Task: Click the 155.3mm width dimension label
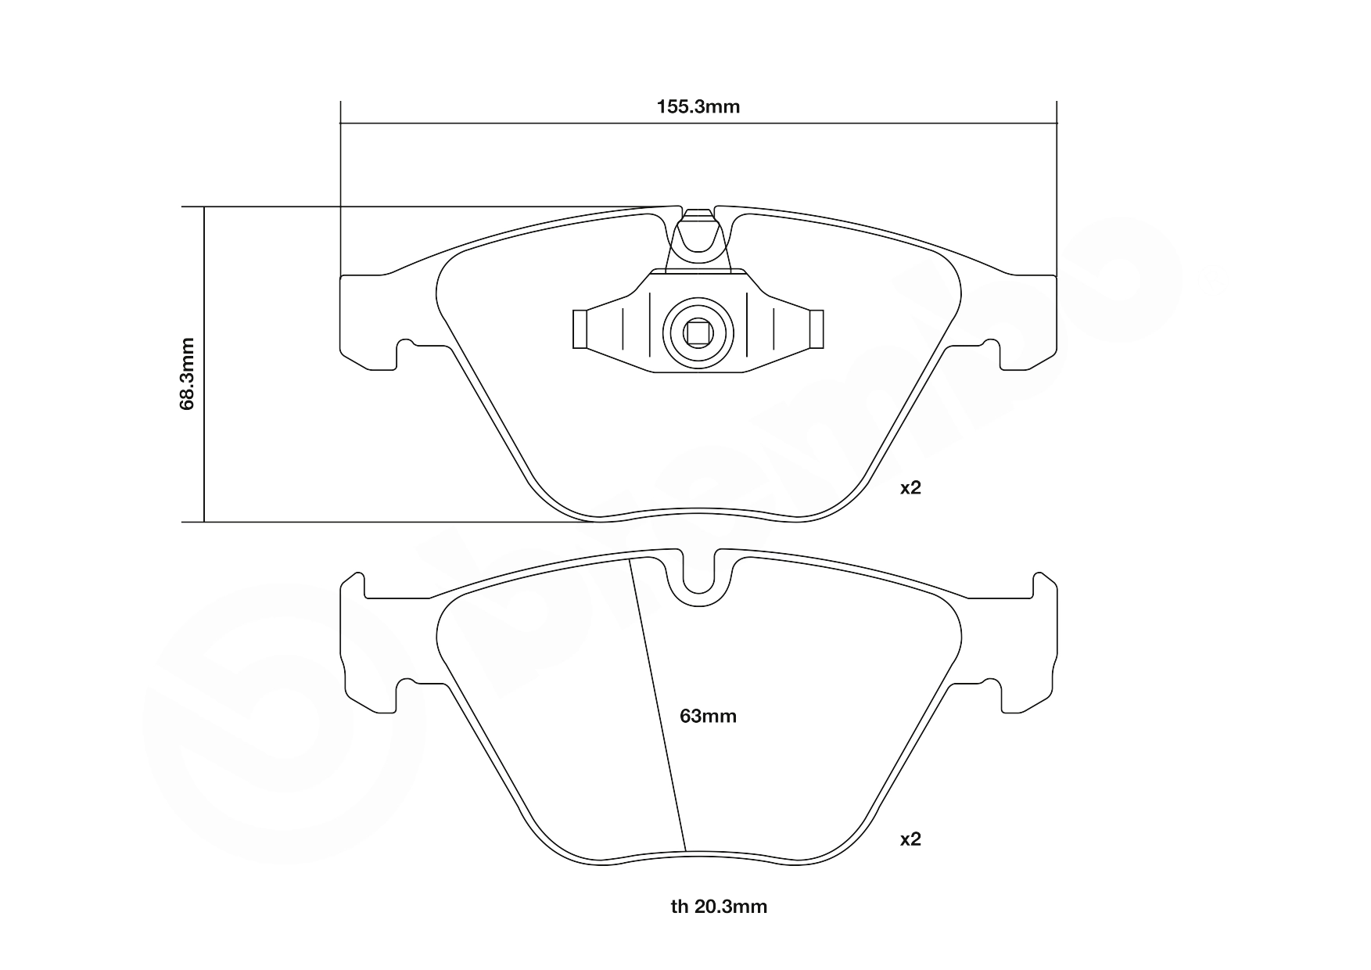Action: click(698, 107)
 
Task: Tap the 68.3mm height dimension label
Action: click(187, 374)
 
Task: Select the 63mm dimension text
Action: click(708, 717)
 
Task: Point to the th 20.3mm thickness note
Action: click(719, 907)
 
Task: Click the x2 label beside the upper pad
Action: click(910, 488)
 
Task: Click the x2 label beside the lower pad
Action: click(910, 839)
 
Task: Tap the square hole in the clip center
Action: click(698, 333)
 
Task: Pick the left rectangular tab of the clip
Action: click(580, 329)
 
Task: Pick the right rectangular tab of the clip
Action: click(816, 329)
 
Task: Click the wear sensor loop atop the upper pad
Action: click(698, 235)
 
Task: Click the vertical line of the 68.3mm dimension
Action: click(204, 365)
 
